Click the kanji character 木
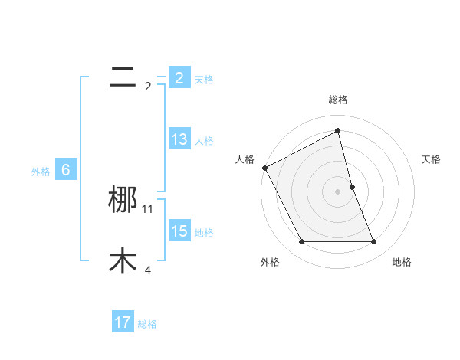pyautogui.click(x=123, y=261)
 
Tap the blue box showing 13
pyautogui.click(x=179, y=139)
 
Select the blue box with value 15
pyautogui.click(x=179, y=231)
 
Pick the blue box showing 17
pyautogui.click(x=122, y=322)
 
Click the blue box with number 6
pyautogui.click(x=65, y=170)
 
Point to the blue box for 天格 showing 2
pyautogui.click(x=179, y=77)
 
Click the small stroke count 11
pyautogui.click(x=148, y=208)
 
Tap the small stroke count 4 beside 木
pyautogui.click(x=148, y=270)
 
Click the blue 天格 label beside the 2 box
pyautogui.click(x=204, y=79)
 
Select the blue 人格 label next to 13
pyautogui.click(x=204, y=141)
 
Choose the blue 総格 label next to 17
pyautogui.click(x=147, y=324)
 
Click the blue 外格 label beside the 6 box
pyautogui.click(x=41, y=172)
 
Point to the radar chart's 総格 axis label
pyautogui.click(x=338, y=100)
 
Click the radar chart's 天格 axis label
pyautogui.click(x=431, y=159)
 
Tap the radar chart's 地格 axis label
pyautogui.click(x=402, y=262)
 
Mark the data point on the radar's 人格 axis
pyautogui.click(x=264, y=168)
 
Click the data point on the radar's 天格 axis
pyautogui.click(x=352, y=187)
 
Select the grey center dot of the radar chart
pyautogui.click(x=338, y=191)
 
